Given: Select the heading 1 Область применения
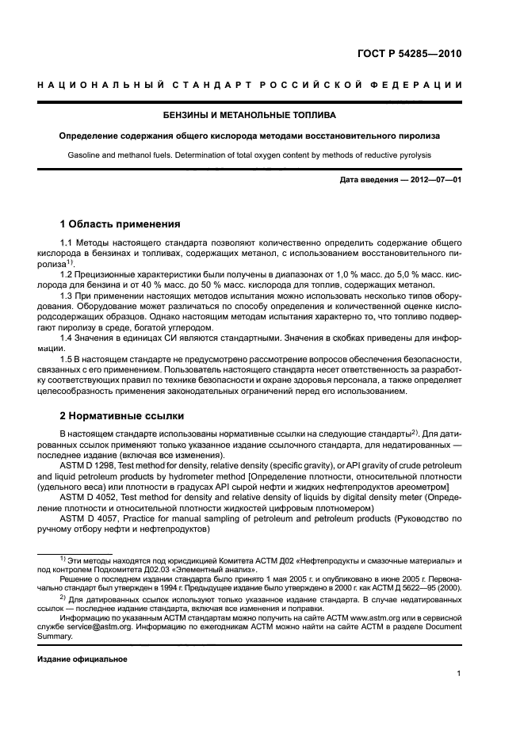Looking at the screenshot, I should [x=120, y=224].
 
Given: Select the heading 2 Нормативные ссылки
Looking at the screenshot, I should [x=122, y=415].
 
